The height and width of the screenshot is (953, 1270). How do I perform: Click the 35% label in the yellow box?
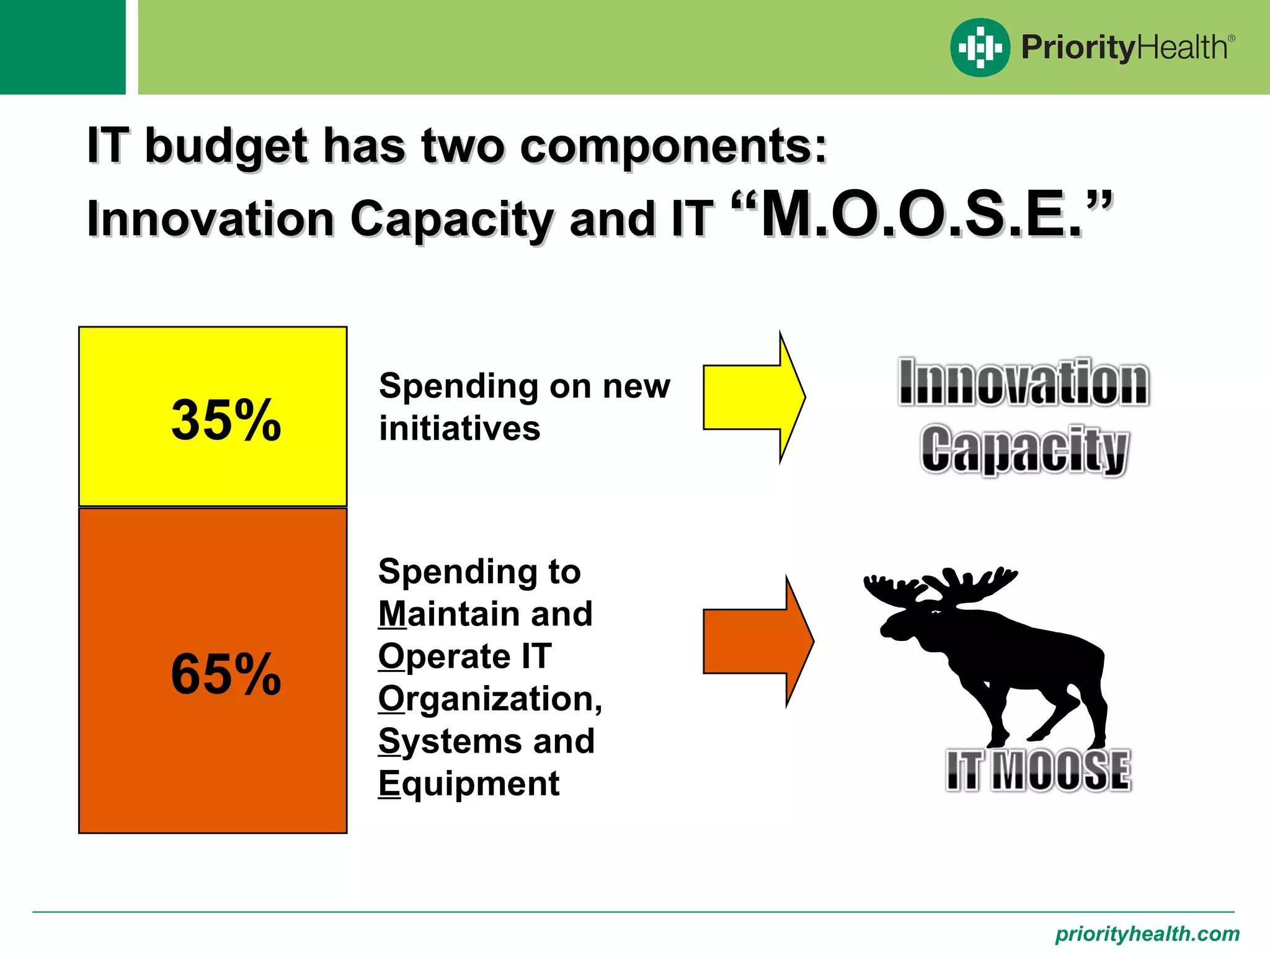pos(226,420)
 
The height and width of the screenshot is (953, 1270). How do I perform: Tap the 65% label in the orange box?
pos(226,674)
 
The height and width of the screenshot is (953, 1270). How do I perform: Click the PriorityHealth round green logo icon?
pos(980,47)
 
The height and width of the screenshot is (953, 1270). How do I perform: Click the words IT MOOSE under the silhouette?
pos(1038,771)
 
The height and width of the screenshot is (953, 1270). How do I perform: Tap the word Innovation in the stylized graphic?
pos(1024,382)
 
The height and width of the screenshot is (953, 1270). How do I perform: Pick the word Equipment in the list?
pos(469,784)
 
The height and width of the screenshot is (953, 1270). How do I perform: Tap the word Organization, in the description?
pos(490,699)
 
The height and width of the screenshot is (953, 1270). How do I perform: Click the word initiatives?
pos(460,429)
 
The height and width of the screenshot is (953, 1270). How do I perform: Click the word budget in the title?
pos(226,146)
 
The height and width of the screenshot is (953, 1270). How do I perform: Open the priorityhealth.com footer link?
pos(1147,933)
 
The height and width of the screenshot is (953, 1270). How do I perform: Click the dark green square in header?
pos(62,47)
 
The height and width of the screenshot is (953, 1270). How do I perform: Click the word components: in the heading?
pos(673,146)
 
